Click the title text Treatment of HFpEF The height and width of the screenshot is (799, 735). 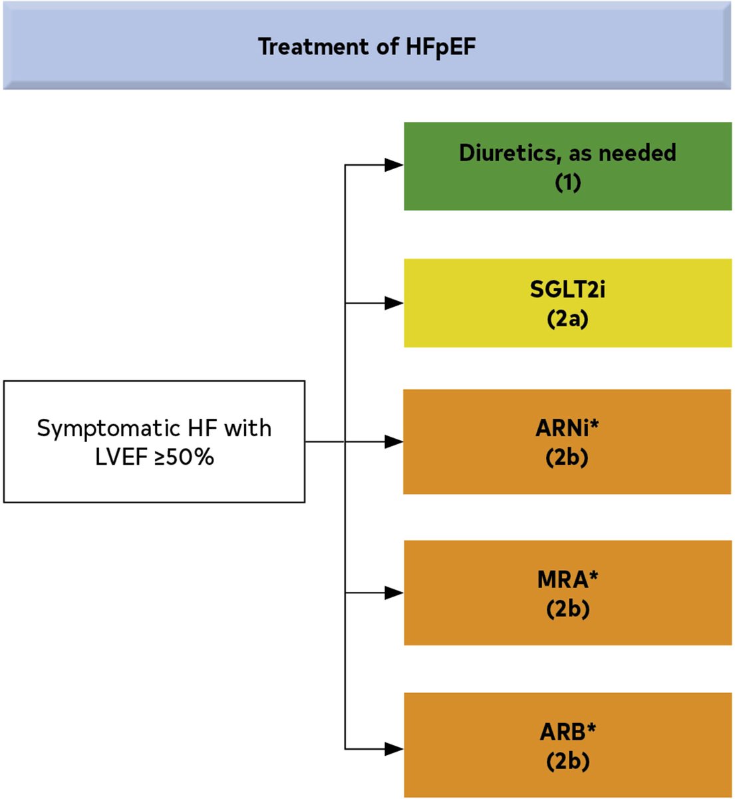pos(367,47)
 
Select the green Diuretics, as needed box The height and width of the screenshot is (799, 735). pos(568,166)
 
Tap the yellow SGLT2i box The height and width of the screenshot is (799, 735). pos(568,303)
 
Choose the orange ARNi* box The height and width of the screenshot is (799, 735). pos(567,441)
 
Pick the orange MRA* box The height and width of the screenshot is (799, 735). pos(568,593)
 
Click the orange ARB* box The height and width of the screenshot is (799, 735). pos(568,745)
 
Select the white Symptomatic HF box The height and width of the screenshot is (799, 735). pos(154,441)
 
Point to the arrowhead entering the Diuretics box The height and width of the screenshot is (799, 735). pos(394,164)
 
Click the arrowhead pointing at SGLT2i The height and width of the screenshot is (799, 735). pos(394,303)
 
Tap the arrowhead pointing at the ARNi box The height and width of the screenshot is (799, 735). pos(394,441)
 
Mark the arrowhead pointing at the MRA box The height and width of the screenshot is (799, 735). pos(394,593)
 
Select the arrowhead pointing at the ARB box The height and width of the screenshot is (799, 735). pos(394,749)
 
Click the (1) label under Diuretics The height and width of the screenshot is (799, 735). pos(568,183)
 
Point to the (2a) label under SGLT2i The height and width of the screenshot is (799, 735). pos(567,320)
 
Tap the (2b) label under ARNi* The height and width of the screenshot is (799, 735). pos(567,457)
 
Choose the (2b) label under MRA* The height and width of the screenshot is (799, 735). pos(568,609)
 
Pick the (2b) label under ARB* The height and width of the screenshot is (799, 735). pos(568,761)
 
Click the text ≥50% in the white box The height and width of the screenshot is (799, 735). pos(184,457)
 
